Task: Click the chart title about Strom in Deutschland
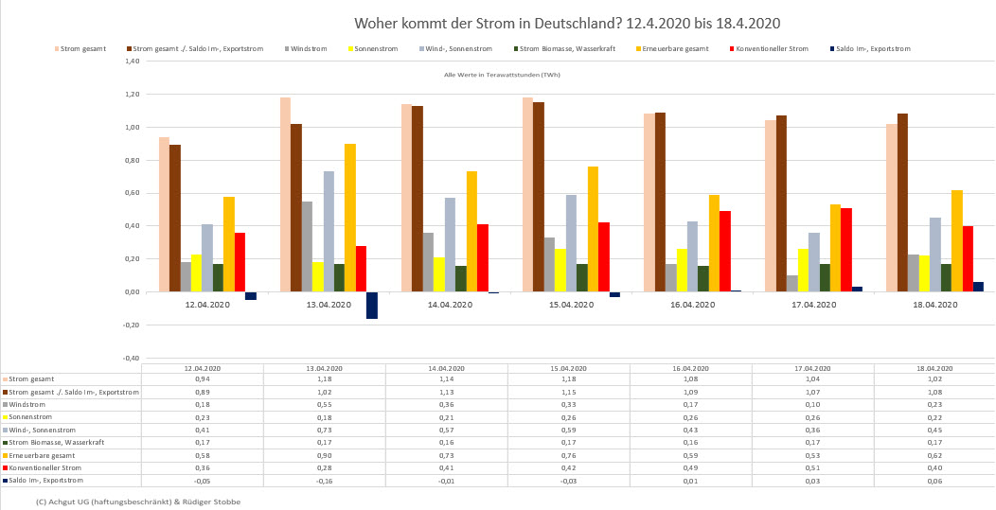coord(567,22)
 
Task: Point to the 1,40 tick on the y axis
coord(133,62)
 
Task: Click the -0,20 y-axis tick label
coord(132,325)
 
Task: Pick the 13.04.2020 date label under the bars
coord(329,305)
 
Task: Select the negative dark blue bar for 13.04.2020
coord(372,305)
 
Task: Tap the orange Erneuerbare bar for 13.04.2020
coord(350,218)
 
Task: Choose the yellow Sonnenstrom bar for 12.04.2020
coord(197,273)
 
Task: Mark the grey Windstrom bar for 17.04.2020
coord(791,283)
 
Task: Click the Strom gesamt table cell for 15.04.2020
coord(567,378)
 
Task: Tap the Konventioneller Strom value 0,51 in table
coord(811,467)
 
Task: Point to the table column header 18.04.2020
coord(933,367)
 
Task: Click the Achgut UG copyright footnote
coord(137,501)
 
